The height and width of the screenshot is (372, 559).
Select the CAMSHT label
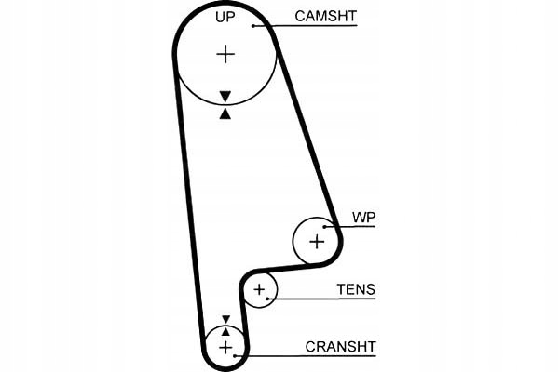tap(324, 16)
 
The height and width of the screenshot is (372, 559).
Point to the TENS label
tap(356, 289)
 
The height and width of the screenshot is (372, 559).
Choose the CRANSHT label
tap(340, 347)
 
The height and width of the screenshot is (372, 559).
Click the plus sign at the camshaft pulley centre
tap(225, 54)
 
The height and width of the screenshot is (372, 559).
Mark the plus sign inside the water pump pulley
tap(317, 243)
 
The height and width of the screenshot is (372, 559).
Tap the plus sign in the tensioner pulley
tap(260, 292)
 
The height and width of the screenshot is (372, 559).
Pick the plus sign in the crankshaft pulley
tap(225, 347)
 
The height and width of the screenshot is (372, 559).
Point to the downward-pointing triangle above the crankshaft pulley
tap(225, 318)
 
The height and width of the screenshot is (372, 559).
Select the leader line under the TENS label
tap(326, 299)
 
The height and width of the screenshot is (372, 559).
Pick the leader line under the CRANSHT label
tap(307, 356)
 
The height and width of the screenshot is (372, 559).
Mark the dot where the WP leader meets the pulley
tap(325, 226)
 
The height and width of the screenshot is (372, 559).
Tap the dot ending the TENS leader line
tap(271, 299)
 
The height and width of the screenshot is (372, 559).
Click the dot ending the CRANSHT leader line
tap(238, 356)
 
